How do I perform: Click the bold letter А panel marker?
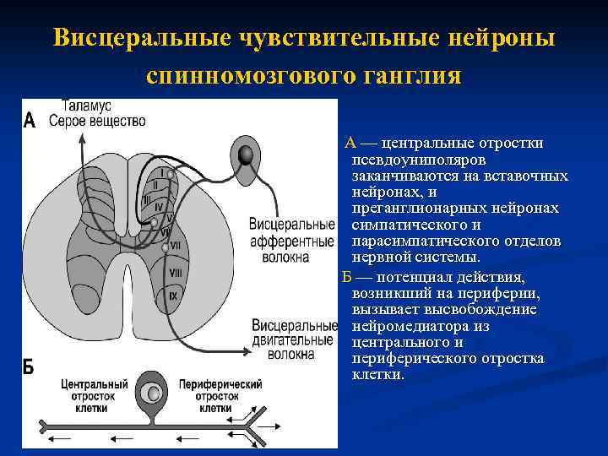coord(30,120)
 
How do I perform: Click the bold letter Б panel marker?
coord(28,366)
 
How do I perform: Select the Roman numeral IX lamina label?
coord(173,296)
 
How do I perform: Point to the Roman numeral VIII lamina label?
coord(176,272)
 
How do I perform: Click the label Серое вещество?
coord(97,121)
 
